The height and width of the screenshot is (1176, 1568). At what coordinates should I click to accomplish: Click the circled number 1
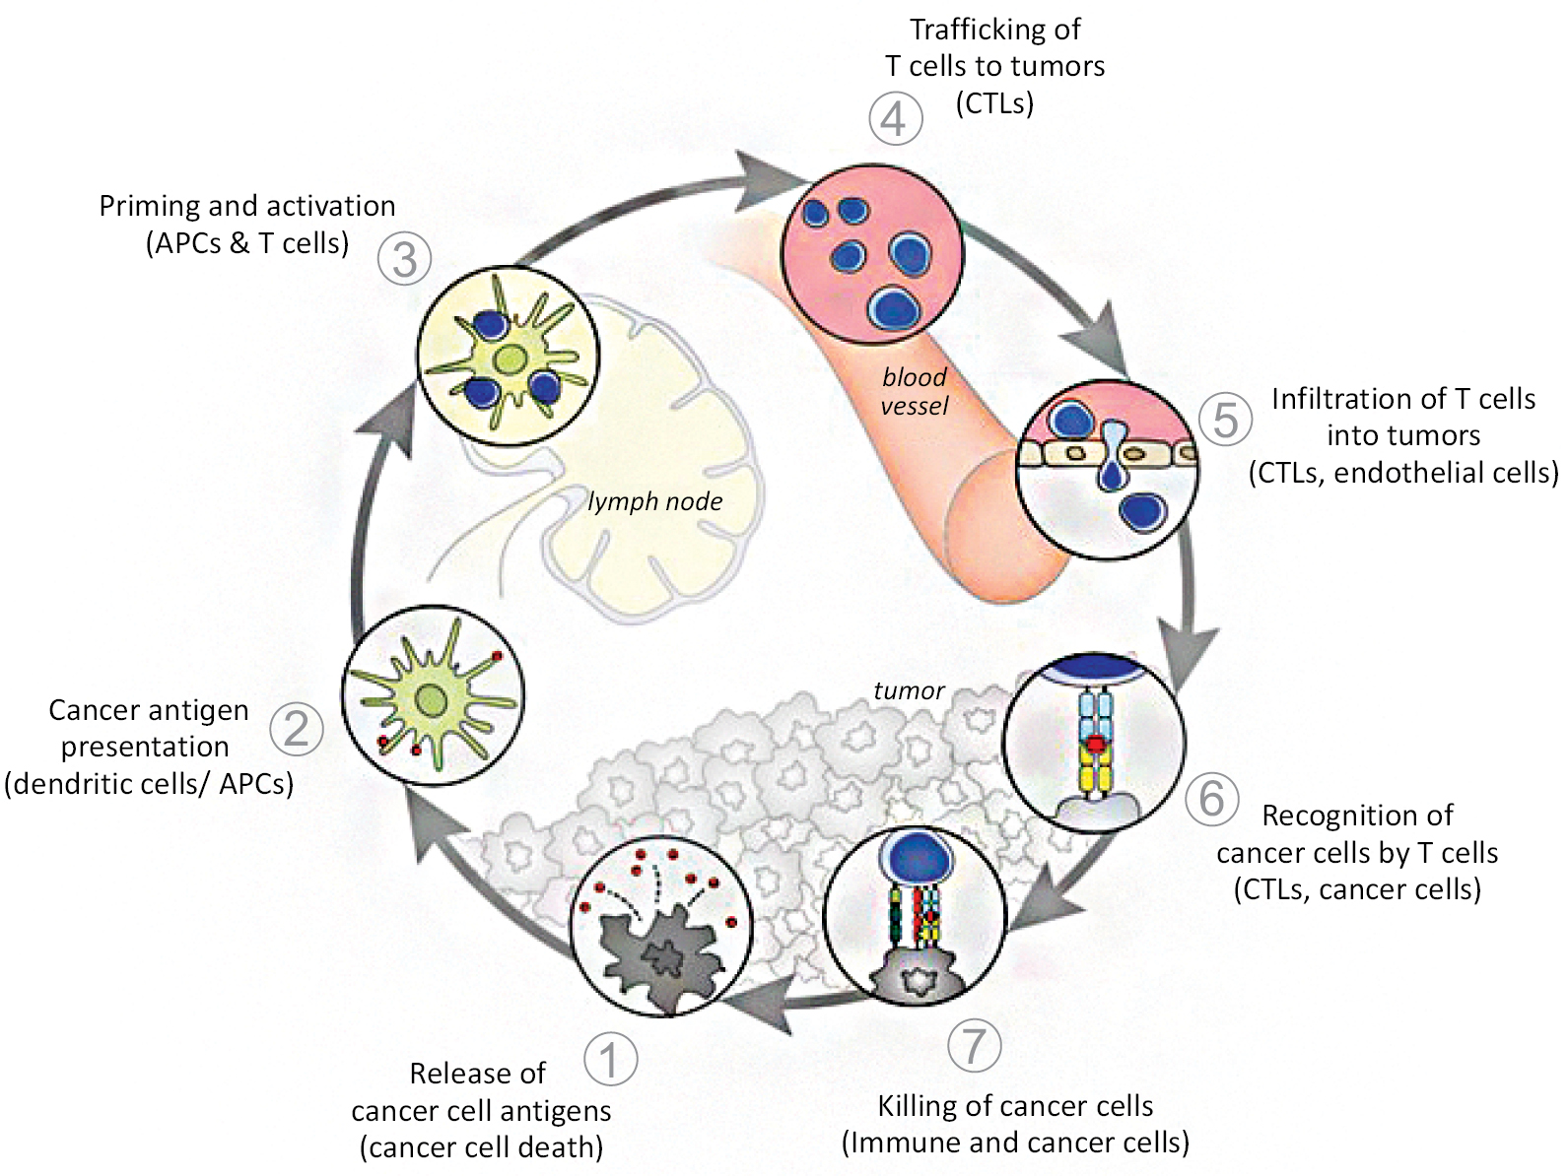click(x=610, y=1060)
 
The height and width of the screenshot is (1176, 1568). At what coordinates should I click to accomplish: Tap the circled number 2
click(x=296, y=729)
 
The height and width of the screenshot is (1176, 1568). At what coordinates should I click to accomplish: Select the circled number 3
click(x=404, y=259)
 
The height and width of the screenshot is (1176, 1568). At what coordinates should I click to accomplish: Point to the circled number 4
click(x=895, y=119)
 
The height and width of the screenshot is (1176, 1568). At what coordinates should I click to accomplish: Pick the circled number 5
click(x=1225, y=418)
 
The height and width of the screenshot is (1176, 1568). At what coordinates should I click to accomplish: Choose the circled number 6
click(x=1211, y=798)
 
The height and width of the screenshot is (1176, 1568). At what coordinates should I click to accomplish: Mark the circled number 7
click(x=974, y=1044)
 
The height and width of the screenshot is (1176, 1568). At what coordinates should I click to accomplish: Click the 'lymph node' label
click(x=655, y=501)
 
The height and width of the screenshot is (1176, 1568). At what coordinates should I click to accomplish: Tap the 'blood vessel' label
click(x=915, y=391)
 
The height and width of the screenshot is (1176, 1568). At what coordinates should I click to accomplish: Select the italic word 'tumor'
click(x=909, y=690)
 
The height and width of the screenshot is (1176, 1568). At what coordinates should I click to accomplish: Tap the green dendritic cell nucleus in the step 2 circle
click(x=431, y=700)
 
